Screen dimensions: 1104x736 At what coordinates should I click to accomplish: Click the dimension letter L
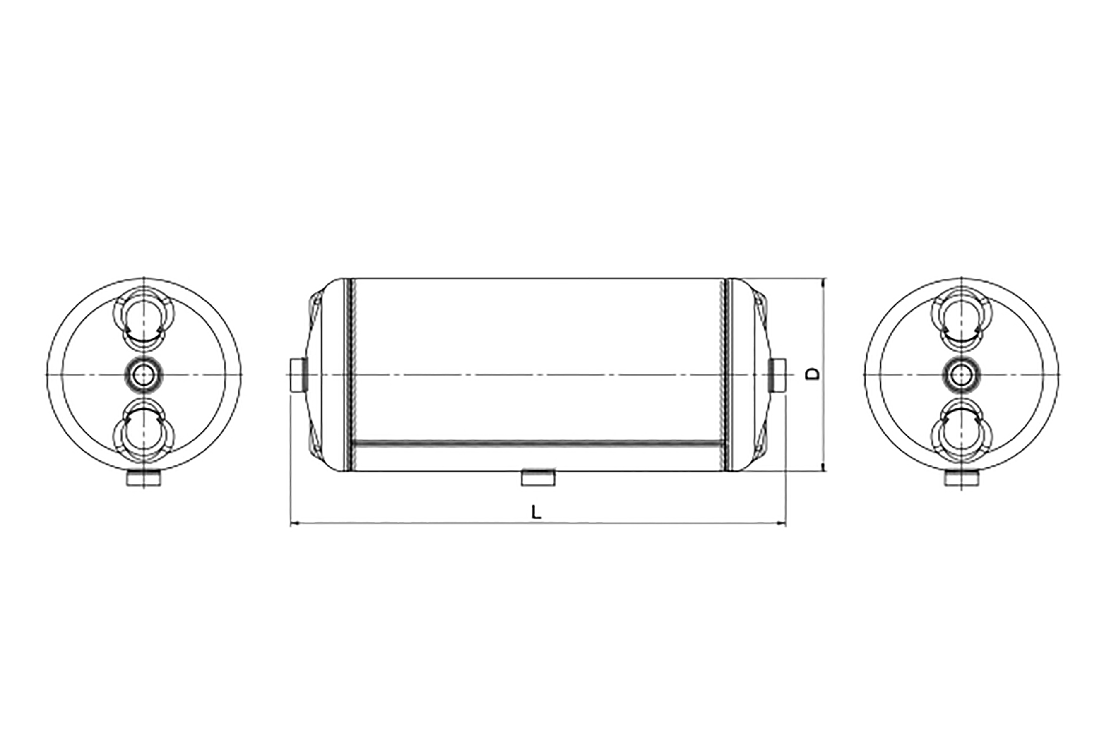[x=536, y=512]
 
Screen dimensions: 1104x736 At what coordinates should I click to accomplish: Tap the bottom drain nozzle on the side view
[x=538, y=477]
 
